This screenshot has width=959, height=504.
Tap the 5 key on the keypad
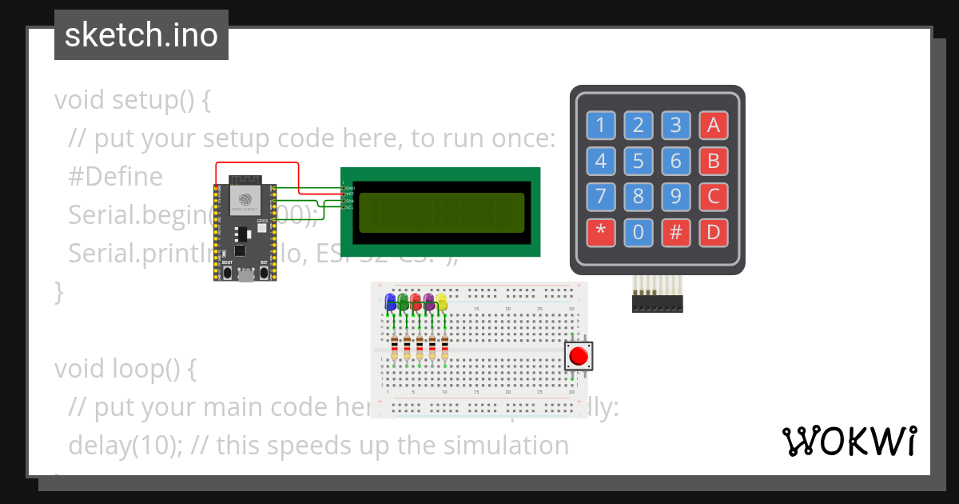point(638,162)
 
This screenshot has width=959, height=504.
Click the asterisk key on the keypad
point(600,233)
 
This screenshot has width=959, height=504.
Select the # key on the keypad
point(675,233)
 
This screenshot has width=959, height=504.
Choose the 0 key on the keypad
point(638,233)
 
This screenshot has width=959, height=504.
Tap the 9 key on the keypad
point(675,197)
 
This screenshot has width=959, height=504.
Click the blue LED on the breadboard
point(391,302)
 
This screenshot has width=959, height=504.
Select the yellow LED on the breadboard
point(442,302)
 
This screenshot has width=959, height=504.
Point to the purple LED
point(429,302)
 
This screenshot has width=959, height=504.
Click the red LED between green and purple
point(416,302)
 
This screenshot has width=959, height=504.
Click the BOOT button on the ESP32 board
point(227,272)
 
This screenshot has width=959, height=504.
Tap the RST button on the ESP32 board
point(265,272)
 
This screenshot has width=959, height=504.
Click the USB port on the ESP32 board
point(246,276)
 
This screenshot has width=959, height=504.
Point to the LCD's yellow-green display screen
point(441,212)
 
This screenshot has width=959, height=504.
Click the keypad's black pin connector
point(658,304)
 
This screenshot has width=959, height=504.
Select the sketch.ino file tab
point(141,35)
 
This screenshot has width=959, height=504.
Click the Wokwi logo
point(849,441)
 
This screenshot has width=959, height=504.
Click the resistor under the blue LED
point(394,348)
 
